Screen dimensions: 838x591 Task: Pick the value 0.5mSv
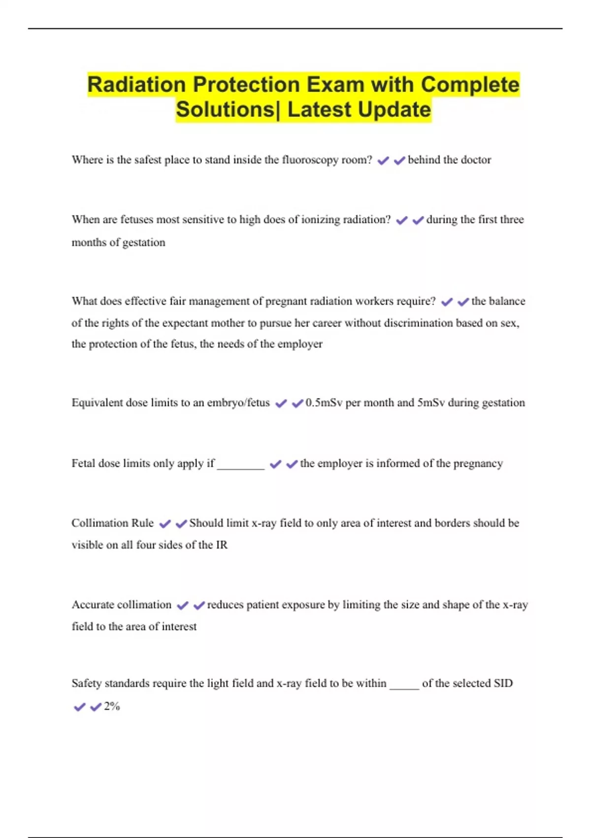(324, 403)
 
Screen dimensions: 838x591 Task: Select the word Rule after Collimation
(142, 523)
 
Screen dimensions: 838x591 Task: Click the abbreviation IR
(222, 545)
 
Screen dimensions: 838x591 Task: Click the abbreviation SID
(503, 683)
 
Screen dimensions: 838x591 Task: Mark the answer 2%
(112, 706)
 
